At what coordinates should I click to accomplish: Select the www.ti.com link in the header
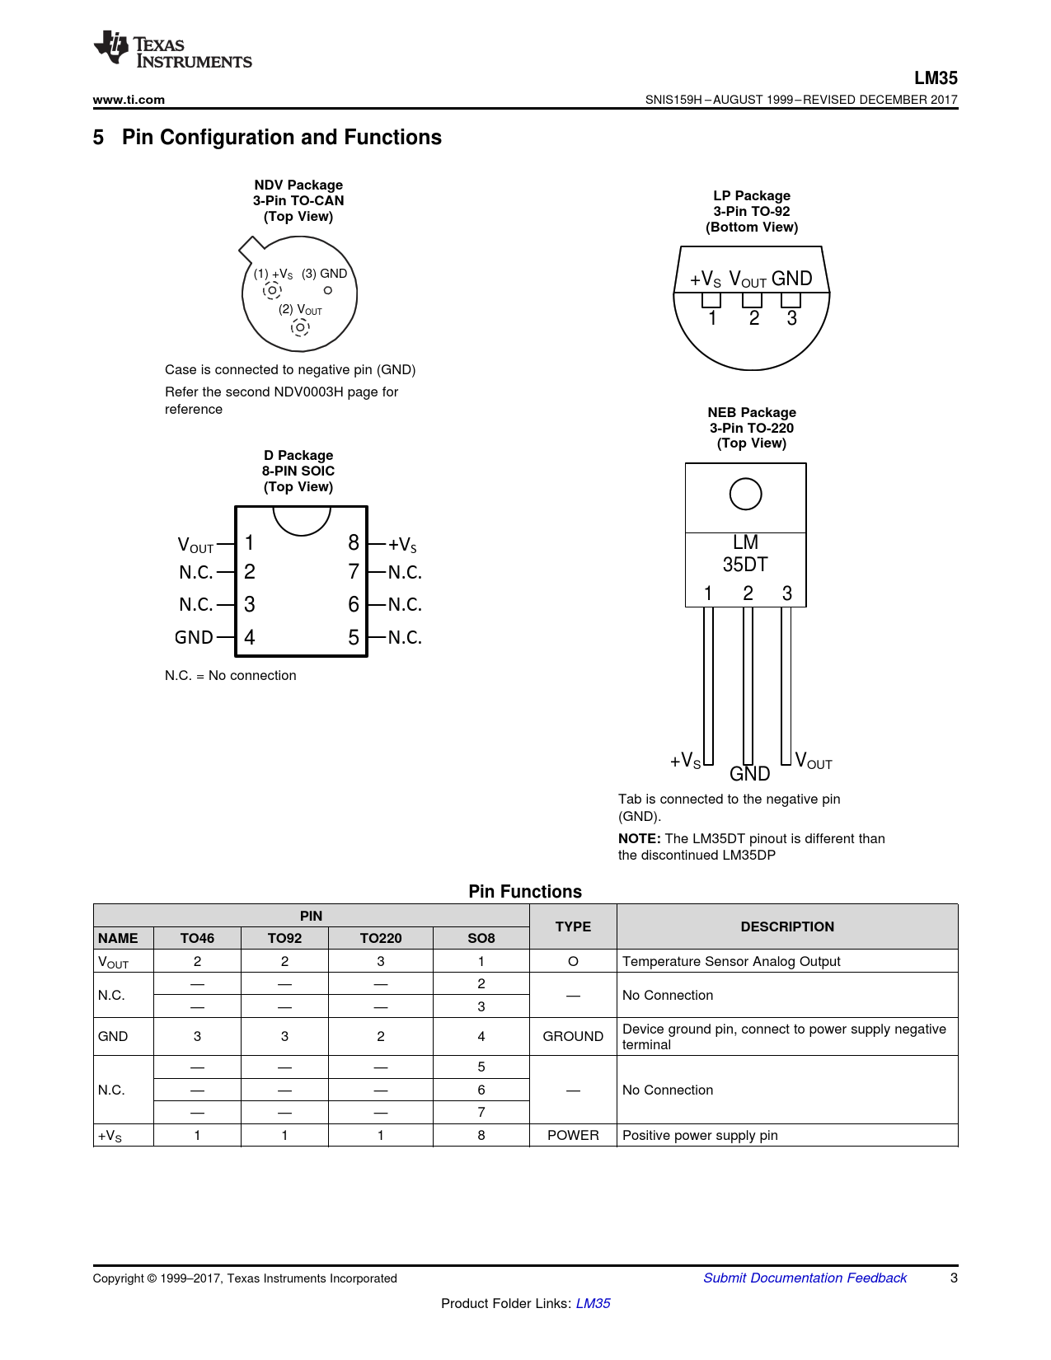tap(129, 100)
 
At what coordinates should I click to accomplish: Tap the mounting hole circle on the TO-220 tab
tap(745, 495)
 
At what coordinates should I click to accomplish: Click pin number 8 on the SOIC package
tap(354, 542)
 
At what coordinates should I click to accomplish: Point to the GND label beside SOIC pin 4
tap(194, 637)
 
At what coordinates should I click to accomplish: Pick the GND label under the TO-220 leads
tap(749, 774)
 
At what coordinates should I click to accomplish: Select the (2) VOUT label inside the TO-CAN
tap(300, 310)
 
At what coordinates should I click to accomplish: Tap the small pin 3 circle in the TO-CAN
tap(328, 290)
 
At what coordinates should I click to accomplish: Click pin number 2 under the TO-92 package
tap(753, 318)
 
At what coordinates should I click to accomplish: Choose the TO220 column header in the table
tap(381, 938)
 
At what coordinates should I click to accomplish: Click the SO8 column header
tap(481, 938)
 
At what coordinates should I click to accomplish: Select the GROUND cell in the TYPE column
tap(573, 1036)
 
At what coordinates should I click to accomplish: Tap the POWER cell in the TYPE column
tap(573, 1135)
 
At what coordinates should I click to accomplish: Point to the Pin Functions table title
tap(525, 892)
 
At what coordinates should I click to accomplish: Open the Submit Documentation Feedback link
tap(805, 1278)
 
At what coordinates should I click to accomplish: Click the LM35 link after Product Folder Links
tap(593, 1303)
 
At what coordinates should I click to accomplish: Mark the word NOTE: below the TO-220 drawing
tap(639, 838)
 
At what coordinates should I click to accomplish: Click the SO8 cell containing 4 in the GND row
tap(481, 1036)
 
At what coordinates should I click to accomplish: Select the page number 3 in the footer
tap(954, 1278)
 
